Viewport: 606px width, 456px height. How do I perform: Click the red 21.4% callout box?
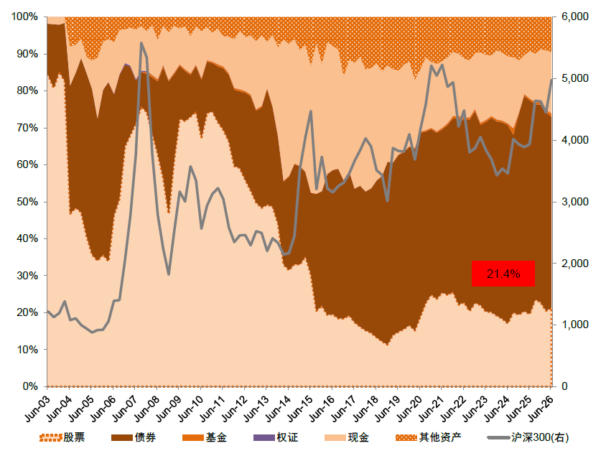click(x=503, y=274)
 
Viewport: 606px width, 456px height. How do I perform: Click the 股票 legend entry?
click(x=62, y=437)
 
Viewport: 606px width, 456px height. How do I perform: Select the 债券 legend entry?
click(x=134, y=437)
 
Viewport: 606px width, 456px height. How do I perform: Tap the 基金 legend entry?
click(x=205, y=437)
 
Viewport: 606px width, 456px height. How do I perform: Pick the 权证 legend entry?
click(x=276, y=437)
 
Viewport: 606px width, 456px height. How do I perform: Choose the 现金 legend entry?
click(x=347, y=437)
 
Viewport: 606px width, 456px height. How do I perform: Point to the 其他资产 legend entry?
click(x=428, y=437)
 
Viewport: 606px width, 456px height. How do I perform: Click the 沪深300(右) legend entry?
click(x=528, y=437)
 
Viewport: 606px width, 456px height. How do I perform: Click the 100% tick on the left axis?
click(x=24, y=17)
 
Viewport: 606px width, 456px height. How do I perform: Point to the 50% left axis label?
click(x=27, y=202)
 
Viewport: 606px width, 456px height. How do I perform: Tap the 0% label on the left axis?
click(x=30, y=386)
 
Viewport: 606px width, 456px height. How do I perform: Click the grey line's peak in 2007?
click(x=141, y=43)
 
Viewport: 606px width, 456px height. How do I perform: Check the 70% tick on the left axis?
click(x=27, y=128)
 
